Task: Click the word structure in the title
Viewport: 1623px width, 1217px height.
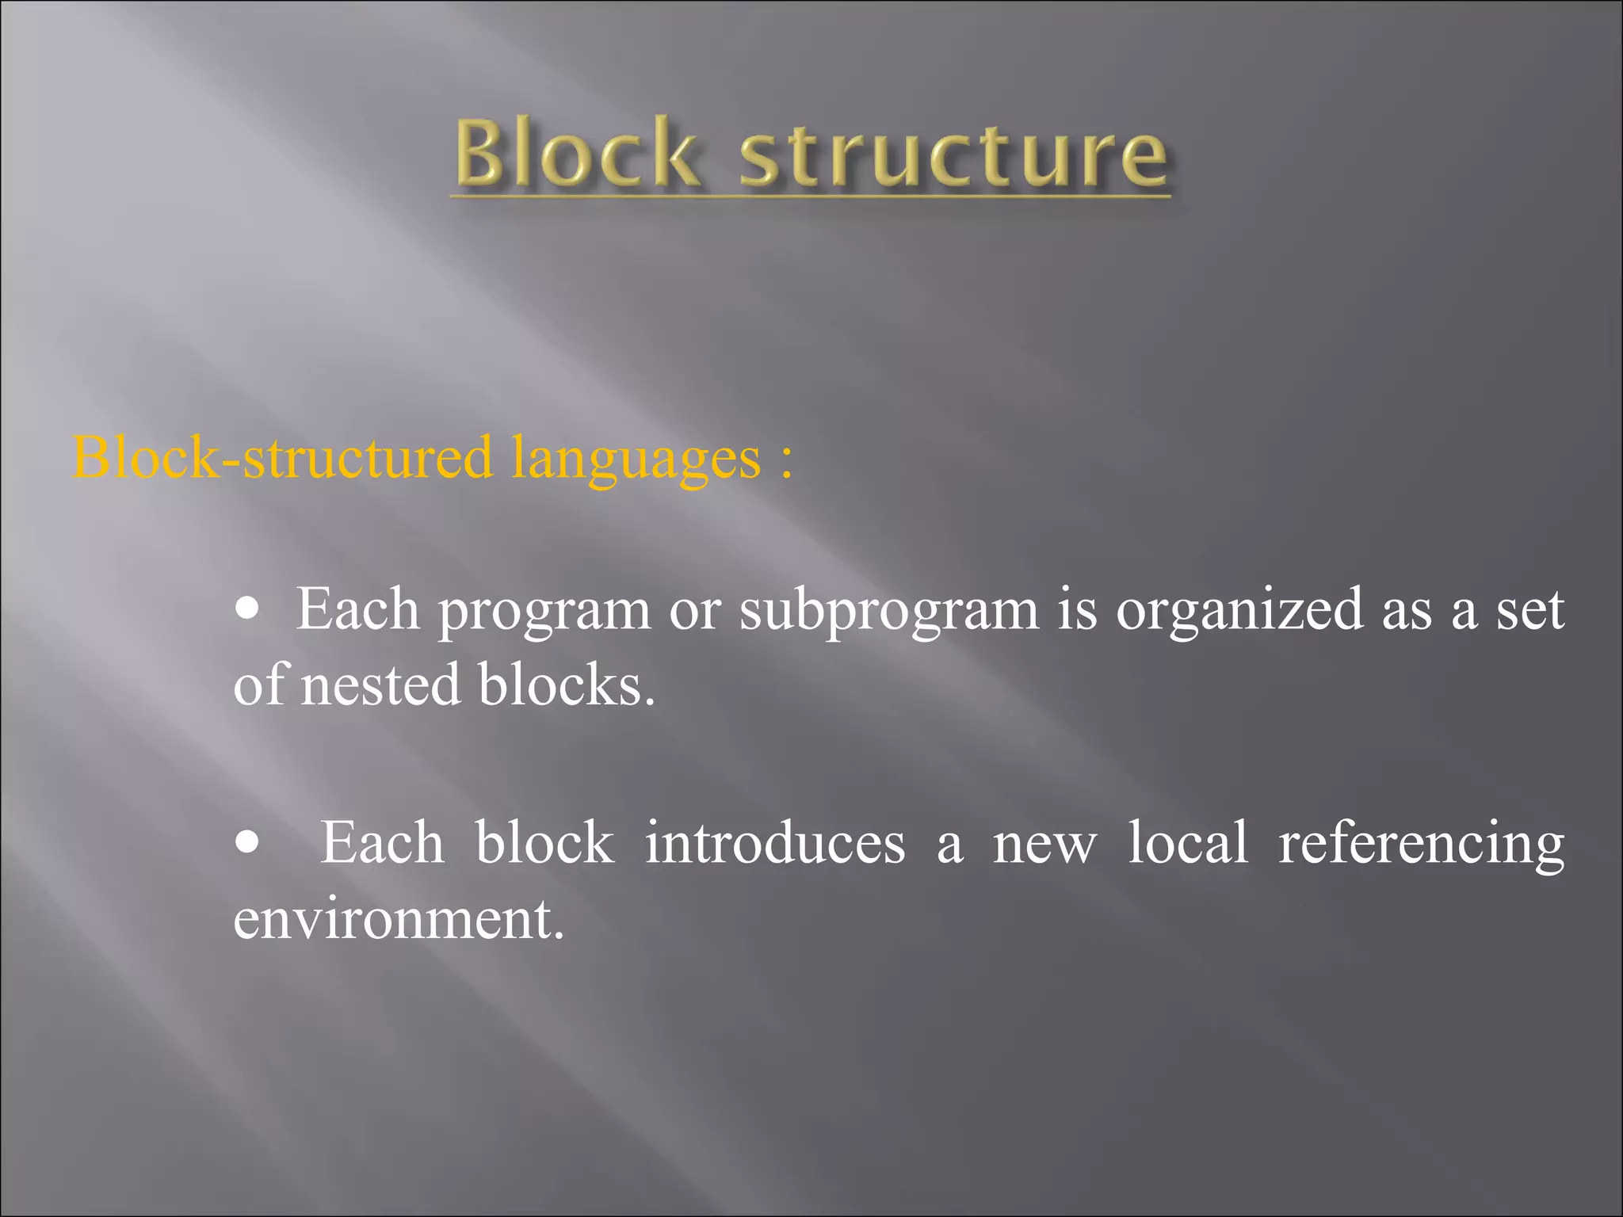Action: pos(953,155)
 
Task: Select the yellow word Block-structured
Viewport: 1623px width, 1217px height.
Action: pos(282,458)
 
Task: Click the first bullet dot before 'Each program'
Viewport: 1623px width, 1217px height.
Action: pos(248,609)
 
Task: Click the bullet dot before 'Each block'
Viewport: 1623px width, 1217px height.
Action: pos(248,843)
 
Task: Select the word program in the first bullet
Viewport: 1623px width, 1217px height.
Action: pos(544,612)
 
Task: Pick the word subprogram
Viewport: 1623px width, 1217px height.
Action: pos(888,612)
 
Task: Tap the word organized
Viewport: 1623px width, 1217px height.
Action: pos(1239,612)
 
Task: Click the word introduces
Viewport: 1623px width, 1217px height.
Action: pos(774,842)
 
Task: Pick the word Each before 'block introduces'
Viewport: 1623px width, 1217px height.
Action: pos(381,842)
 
